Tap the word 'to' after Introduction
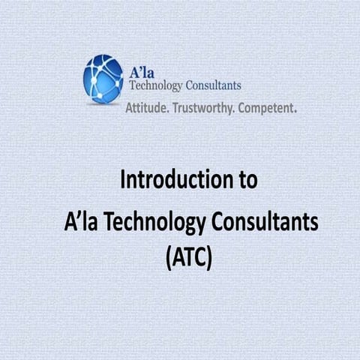(248, 181)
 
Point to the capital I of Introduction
(124, 181)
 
